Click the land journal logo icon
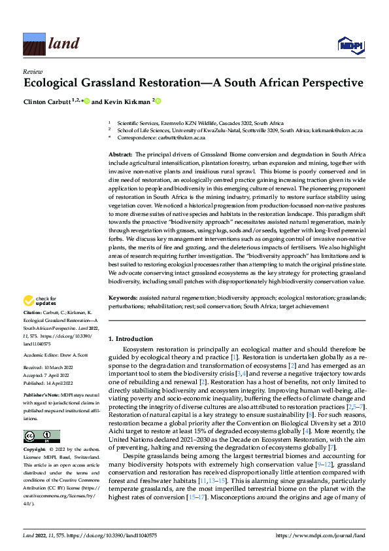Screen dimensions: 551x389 [x=33, y=43]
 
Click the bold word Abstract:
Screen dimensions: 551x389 [x=122, y=152]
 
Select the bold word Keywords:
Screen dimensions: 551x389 [x=124, y=297]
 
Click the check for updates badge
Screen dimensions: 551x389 [x=41, y=301]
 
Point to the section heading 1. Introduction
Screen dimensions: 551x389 [x=130, y=339]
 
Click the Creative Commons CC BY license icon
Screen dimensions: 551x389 [x=41, y=436]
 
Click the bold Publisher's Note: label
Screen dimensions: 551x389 [x=42, y=397]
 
